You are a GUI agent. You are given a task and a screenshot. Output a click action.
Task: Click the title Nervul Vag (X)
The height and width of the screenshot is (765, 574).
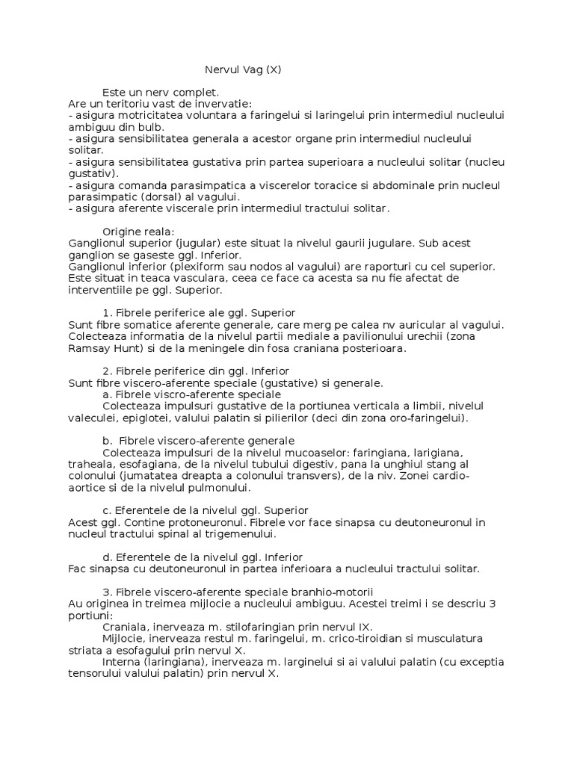244,70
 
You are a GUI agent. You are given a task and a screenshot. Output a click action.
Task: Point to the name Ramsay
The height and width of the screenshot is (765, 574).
88,347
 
